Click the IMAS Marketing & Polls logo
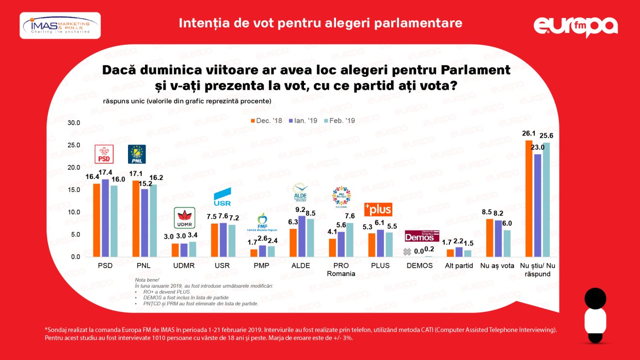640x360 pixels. (x=60, y=26)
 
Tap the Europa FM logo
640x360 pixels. (x=576, y=27)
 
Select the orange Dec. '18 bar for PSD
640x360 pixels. (x=97, y=220)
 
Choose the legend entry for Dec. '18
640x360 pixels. (x=266, y=120)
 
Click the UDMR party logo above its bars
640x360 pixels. (x=184, y=218)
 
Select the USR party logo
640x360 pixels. (x=223, y=197)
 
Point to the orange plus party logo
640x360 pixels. (x=378, y=209)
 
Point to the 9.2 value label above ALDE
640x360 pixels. (x=301, y=210)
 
